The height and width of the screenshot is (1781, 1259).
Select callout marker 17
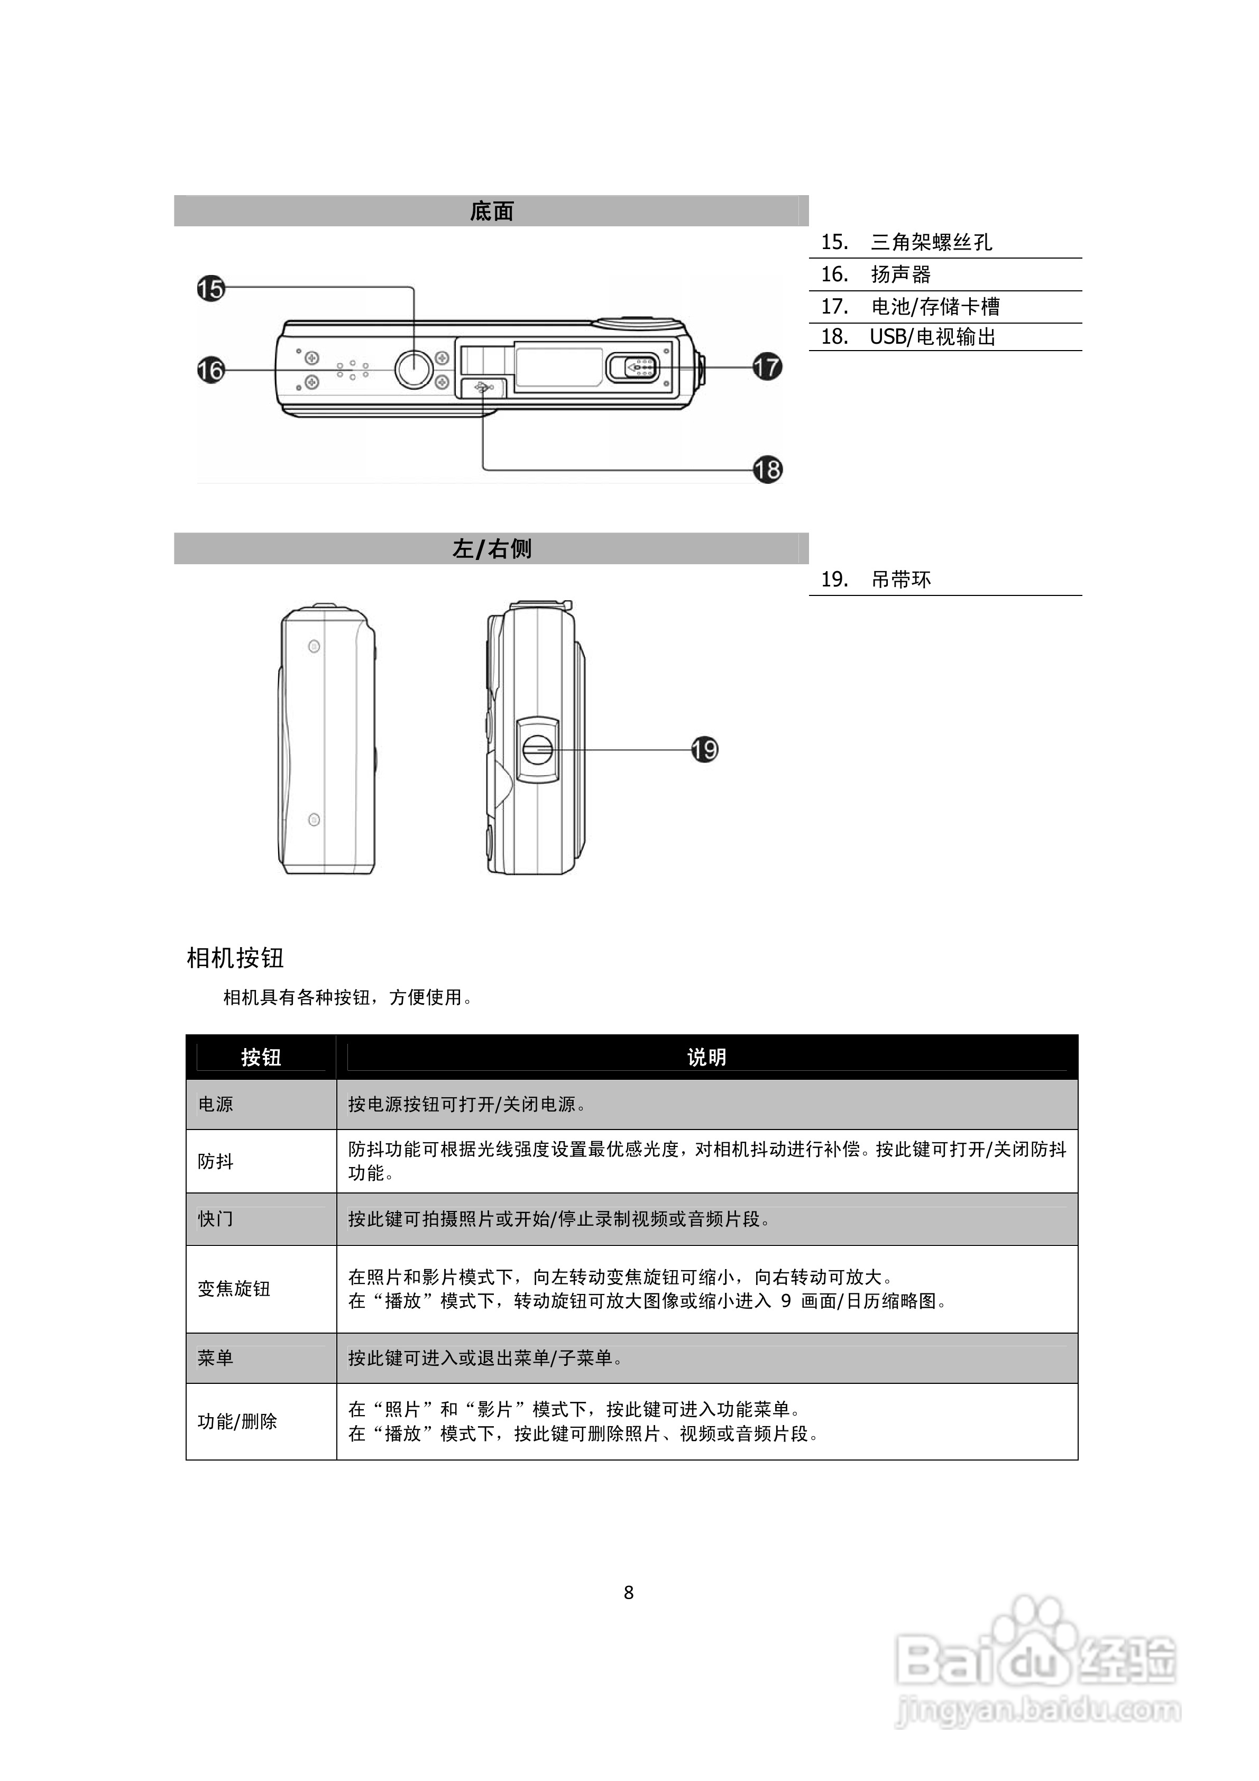point(767,366)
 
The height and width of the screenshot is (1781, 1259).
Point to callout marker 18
point(767,469)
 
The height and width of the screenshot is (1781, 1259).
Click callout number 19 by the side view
point(704,749)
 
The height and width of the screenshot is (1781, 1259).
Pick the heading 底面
point(491,211)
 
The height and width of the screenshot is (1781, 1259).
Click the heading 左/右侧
point(491,548)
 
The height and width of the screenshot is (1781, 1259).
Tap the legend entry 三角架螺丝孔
point(931,242)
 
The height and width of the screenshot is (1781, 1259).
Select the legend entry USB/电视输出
point(932,337)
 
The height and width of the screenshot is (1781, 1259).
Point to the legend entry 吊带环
point(900,580)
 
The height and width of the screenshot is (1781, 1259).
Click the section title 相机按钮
point(235,958)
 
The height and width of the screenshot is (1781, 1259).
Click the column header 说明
point(706,1057)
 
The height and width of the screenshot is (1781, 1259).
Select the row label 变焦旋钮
point(234,1289)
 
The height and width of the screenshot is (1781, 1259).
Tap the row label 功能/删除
point(237,1421)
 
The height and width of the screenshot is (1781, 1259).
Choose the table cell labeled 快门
point(216,1218)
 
